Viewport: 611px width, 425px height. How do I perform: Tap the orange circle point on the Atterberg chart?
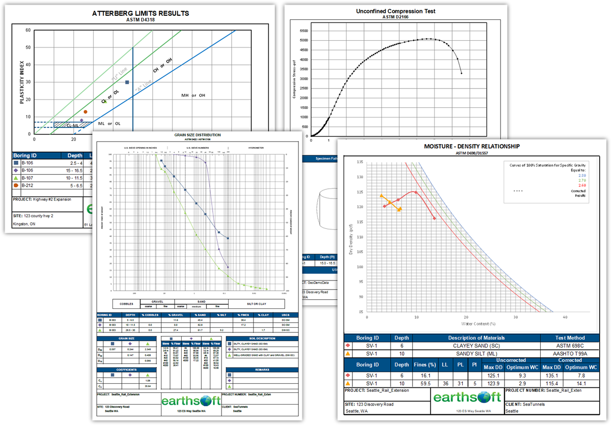point(86,111)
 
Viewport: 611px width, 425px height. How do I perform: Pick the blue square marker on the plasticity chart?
point(127,82)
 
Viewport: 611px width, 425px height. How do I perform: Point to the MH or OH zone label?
point(193,95)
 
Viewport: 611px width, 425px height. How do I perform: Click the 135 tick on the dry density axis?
point(359,162)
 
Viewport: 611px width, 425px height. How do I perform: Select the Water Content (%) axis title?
point(478,323)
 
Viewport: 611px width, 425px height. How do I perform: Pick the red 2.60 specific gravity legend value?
point(581,185)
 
